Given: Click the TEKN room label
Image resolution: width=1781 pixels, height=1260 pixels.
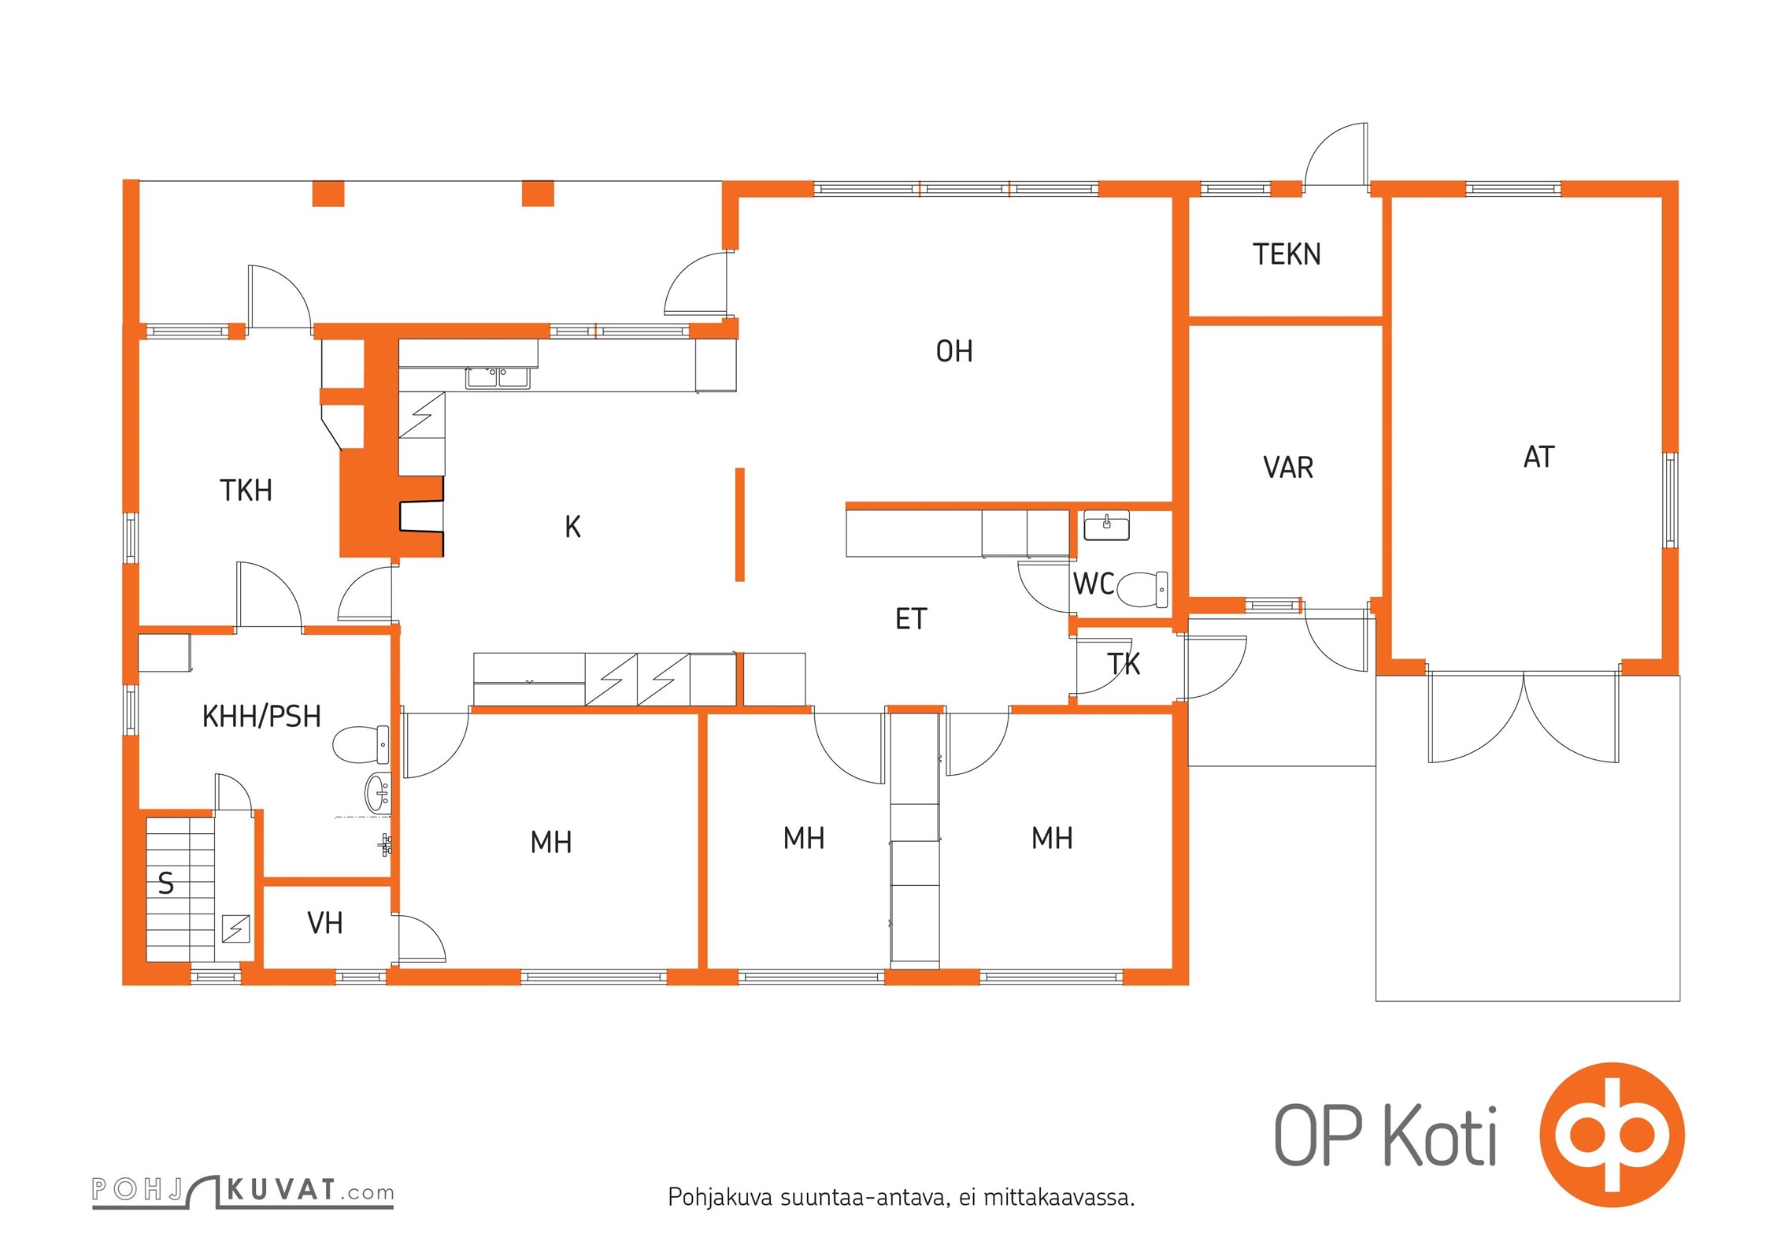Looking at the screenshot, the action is point(1287,254).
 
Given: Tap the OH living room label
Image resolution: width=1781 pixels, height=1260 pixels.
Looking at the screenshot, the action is point(954,351).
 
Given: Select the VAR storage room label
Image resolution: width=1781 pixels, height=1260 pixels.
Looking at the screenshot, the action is point(1288,468).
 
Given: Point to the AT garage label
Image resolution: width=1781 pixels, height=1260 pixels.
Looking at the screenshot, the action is point(1539,458).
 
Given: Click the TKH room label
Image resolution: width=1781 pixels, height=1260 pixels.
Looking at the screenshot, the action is point(246,491).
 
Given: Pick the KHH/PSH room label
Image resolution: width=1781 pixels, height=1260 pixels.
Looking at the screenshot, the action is point(261,717).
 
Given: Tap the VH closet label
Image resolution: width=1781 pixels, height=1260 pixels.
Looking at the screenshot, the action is point(325,923).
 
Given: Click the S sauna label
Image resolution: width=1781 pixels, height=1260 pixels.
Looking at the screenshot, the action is point(166,884).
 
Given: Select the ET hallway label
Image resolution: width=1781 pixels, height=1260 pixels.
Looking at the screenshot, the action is point(911,619).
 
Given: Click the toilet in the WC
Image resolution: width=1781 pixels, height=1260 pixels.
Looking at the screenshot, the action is point(1142,590).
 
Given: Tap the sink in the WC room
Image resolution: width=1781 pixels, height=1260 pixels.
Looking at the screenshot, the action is point(1106,525).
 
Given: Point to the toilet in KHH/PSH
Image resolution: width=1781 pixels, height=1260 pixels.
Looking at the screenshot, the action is point(361,745).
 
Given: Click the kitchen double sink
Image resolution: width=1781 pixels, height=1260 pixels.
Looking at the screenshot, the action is point(498,378).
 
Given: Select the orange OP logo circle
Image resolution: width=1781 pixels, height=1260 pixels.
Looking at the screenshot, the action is point(1612,1135).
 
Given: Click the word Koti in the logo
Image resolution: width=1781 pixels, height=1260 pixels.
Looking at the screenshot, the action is point(1440,1136).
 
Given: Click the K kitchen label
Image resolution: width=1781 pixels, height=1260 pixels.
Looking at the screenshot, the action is point(572,527).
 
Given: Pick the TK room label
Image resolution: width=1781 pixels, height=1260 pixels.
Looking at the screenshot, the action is point(1124,665).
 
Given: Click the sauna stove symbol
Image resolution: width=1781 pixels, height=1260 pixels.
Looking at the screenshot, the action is point(235,928).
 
